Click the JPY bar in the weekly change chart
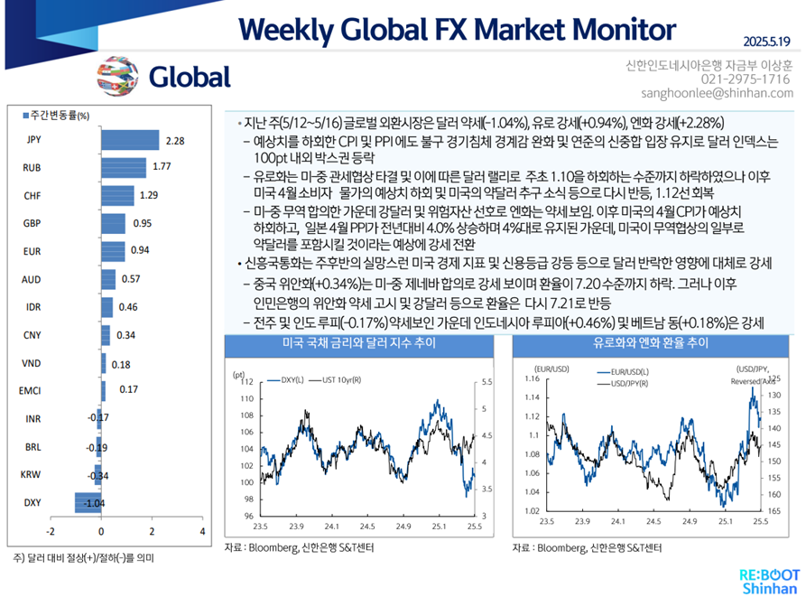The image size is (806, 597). [129, 141]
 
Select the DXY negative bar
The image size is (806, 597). [88, 503]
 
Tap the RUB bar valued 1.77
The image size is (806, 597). [123, 168]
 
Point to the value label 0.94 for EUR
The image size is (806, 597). [140, 252]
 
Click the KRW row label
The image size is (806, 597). [32, 474]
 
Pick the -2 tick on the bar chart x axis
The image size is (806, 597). [51, 531]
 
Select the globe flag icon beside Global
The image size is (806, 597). [116, 75]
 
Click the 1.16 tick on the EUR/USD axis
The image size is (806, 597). [531, 379]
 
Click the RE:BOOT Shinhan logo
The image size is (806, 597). [764, 580]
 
